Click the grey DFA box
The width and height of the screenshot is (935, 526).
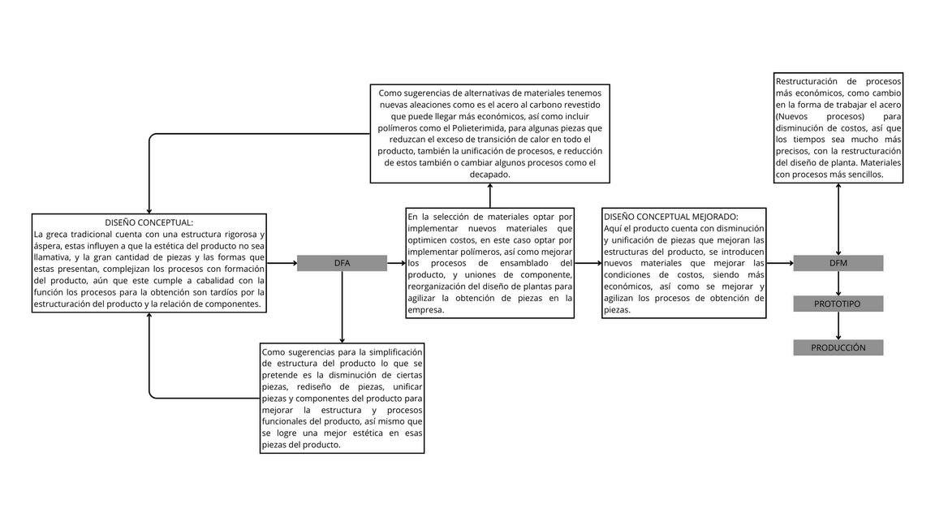(x=342, y=263)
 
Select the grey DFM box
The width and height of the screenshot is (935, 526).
(x=838, y=263)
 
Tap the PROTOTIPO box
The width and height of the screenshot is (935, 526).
(x=838, y=304)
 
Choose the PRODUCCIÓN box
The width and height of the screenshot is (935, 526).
(x=838, y=347)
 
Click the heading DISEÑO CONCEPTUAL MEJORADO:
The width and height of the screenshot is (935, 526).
(x=670, y=217)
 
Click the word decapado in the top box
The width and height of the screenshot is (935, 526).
(x=489, y=175)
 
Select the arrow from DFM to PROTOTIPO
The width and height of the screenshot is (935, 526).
(x=838, y=283)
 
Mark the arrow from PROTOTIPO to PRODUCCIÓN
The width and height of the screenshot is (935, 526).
(x=838, y=326)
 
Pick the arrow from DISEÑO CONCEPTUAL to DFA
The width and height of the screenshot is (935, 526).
(x=282, y=263)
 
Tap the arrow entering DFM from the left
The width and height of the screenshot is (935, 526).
(x=779, y=263)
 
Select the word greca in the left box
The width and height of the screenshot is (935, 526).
(x=58, y=234)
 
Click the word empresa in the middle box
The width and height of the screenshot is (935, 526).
(x=426, y=309)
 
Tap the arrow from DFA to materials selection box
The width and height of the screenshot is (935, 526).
(x=396, y=263)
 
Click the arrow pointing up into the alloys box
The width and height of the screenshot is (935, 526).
(x=489, y=196)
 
